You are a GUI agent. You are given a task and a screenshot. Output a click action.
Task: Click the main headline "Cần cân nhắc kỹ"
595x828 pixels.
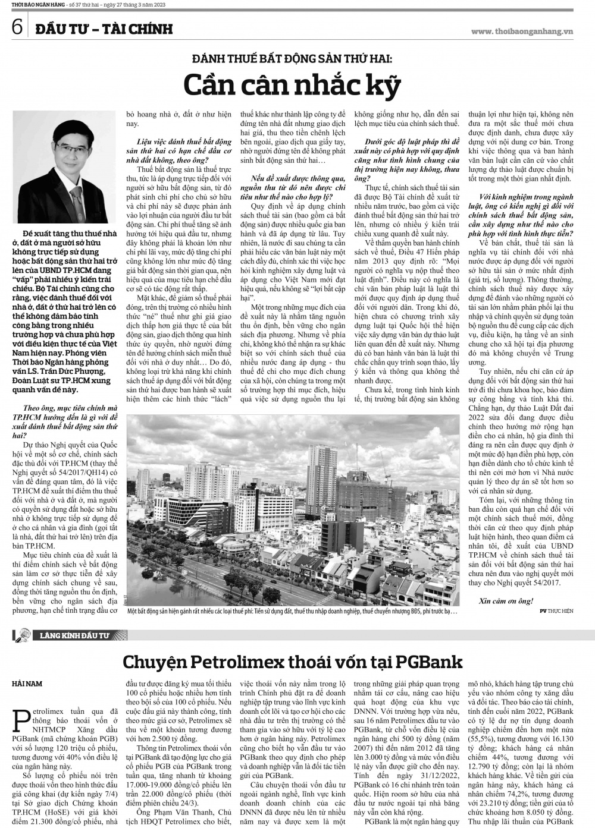click(292, 84)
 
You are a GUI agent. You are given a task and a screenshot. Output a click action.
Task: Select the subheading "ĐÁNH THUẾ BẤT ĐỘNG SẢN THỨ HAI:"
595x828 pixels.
click(292, 58)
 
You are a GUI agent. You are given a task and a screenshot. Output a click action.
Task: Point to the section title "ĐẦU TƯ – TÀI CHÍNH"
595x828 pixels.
click(104, 29)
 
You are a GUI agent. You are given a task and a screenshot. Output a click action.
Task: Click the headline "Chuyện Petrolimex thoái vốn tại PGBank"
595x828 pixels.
click(292, 662)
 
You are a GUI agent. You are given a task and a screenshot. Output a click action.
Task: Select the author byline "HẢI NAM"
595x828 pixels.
click(27, 684)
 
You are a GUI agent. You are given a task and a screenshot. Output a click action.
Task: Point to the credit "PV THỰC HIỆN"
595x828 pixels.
click(557, 610)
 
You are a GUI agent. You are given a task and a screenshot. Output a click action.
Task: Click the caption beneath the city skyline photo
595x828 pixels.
click(292, 610)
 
